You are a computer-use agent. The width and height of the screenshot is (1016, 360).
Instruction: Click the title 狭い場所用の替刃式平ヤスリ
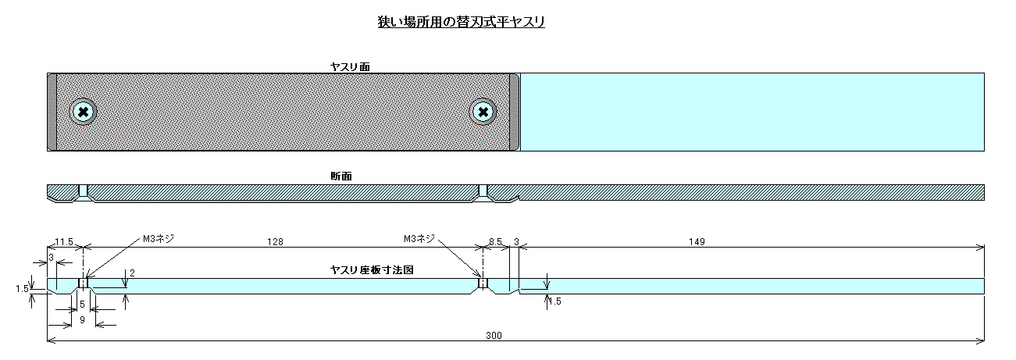tap(462, 22)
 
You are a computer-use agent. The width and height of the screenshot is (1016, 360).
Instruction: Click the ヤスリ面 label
tap(350, 67)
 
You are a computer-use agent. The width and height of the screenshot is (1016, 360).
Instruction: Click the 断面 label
tap(341, 176)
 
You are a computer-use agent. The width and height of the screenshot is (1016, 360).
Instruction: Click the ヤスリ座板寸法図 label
tap(372, 270)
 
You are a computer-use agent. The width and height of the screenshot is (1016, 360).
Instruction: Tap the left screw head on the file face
tap(83, 112)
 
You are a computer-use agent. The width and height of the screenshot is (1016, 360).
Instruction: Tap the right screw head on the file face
tap(483, 112)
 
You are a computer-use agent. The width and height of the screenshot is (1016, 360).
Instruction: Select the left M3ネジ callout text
tap(159, 238)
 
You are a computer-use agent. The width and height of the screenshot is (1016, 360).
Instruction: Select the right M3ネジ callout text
tap(419, 238)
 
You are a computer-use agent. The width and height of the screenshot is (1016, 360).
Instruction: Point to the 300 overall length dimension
tap(494, 336)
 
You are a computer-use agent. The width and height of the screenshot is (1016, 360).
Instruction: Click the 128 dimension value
tap(276, 241)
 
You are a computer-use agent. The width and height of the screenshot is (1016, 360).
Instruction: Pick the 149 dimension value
tap(697, 241)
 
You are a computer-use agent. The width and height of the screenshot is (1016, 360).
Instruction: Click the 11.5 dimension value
tap(64, 241)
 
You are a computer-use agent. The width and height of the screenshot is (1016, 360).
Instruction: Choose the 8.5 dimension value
tap(495, 241)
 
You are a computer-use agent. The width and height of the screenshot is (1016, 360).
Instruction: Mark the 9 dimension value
tap(82, 319)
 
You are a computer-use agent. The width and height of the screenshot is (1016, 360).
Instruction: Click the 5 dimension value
tap(82, 305)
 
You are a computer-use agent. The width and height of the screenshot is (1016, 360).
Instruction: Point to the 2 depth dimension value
tap(133, 273)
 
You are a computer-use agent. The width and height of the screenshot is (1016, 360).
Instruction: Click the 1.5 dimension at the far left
tap(22, 289)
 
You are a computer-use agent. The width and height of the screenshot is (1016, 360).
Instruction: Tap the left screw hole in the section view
tap(83, 191)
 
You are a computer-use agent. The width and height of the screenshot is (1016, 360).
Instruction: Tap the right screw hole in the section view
tap(483, 191)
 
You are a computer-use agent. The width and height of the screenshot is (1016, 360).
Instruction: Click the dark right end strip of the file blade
tap(515, 112)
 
